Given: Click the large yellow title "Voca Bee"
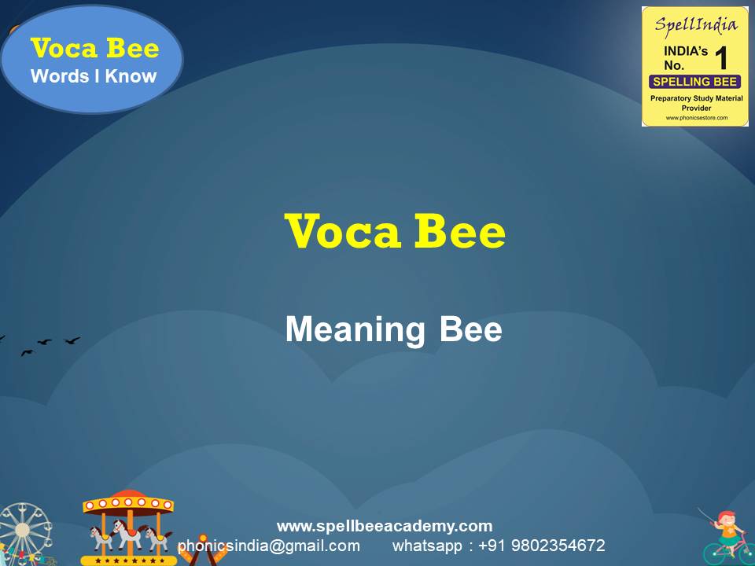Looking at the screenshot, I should pos(395,231).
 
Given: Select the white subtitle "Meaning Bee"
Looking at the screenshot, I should pos(393,329).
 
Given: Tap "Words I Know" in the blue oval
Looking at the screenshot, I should pos(94,76).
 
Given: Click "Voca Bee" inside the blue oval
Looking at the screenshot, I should pos(94,49).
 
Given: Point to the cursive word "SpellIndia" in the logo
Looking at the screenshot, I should pos(694,24).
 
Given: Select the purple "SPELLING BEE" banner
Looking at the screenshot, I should pos(694,82).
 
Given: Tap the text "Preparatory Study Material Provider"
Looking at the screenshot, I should pos(694,102).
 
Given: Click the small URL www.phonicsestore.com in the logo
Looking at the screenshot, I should pos(694,118).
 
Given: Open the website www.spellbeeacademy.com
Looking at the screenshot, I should pos(385,526).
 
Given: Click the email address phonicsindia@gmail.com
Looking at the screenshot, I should pos(269,546).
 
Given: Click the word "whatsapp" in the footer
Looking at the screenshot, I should pos(427,546).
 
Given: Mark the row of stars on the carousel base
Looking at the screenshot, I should pos(127,560).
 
